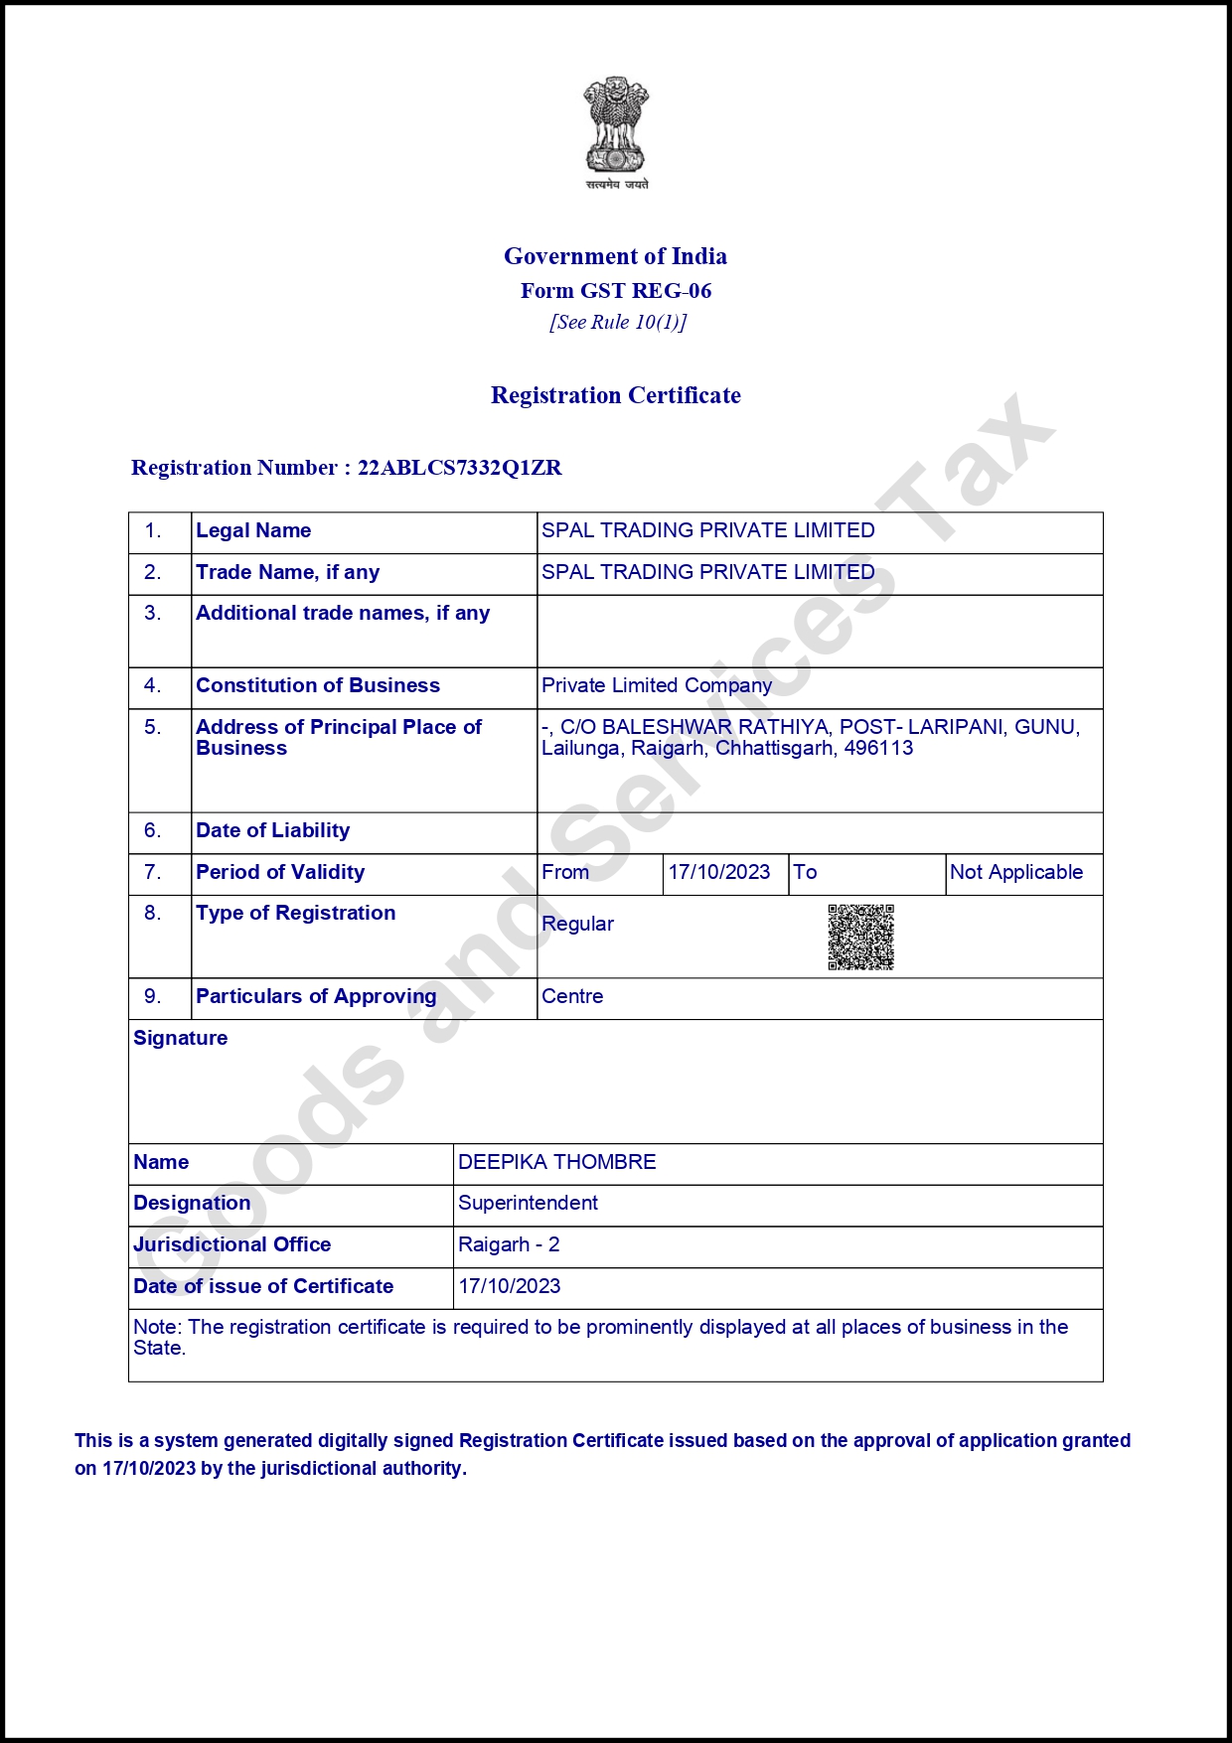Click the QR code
(861, 937)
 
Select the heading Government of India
(615, 256)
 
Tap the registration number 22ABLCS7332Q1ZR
(460, 468)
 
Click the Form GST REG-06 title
(616, 291)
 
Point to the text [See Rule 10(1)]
(618, 322)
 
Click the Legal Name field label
(253, 530)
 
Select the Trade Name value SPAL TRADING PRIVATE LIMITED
(707, 572)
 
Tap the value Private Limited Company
(657, 685)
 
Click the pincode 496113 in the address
(878, 748)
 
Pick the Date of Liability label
(273, 830)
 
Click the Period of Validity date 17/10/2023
(719, 872)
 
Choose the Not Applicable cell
(1016, 872)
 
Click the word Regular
(578, 924)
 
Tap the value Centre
(572, 996)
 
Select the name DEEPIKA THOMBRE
(557, 1162)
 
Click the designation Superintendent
(528, 1203)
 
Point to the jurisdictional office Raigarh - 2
(509, 1244)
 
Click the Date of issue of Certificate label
(263, 1286)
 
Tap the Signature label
(181, 1038)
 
